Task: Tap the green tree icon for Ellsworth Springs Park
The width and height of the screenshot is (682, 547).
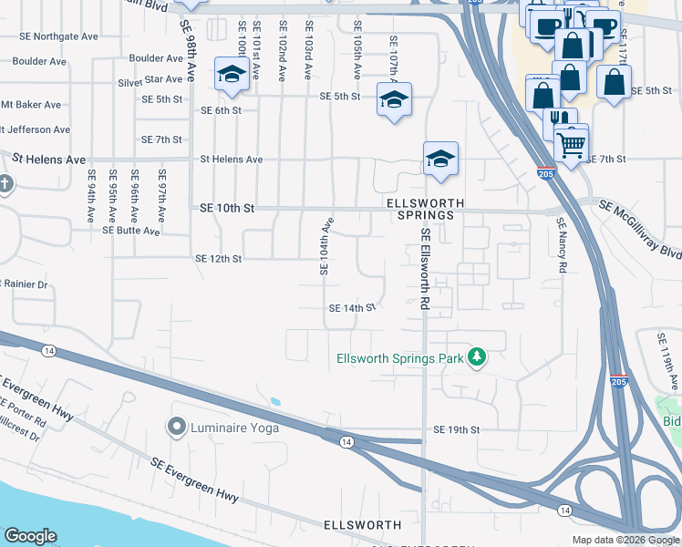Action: [x=476, y=357]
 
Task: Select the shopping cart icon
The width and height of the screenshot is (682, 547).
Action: [x=571, y=142]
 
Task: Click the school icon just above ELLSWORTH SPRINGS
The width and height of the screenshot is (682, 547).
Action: [x=440, y=160]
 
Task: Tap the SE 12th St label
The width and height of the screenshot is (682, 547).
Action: [x=218, y=259]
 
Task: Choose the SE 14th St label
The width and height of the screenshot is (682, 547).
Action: [x=352, y=308]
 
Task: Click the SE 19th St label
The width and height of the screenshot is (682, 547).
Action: [x=457, y=428]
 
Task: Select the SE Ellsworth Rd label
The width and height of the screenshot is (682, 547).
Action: [x=425, y=269]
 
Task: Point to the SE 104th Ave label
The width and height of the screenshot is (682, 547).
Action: [x=324, y=245]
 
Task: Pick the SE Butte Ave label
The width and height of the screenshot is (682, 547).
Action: [x=132, y=231]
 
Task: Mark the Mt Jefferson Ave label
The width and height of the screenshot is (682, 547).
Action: [x=34, y=129]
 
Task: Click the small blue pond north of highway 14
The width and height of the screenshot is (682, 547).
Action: [x=274, y=401]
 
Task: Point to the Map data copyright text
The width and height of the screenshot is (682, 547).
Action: [x=625, y=539]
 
